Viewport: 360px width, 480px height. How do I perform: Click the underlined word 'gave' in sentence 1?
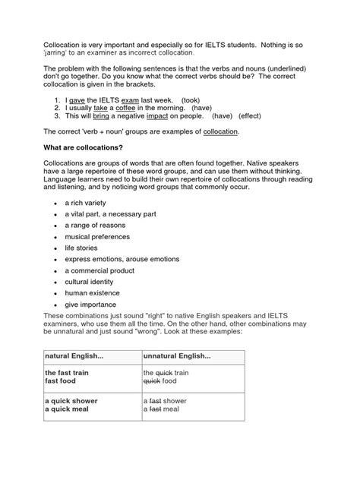pyautogui.click(x=77, y=99)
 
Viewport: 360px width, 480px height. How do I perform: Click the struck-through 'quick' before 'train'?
pyautogui.click(x=165, y=374)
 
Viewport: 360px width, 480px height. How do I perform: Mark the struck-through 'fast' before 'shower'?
pyautogui.click(x=156, y=400)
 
